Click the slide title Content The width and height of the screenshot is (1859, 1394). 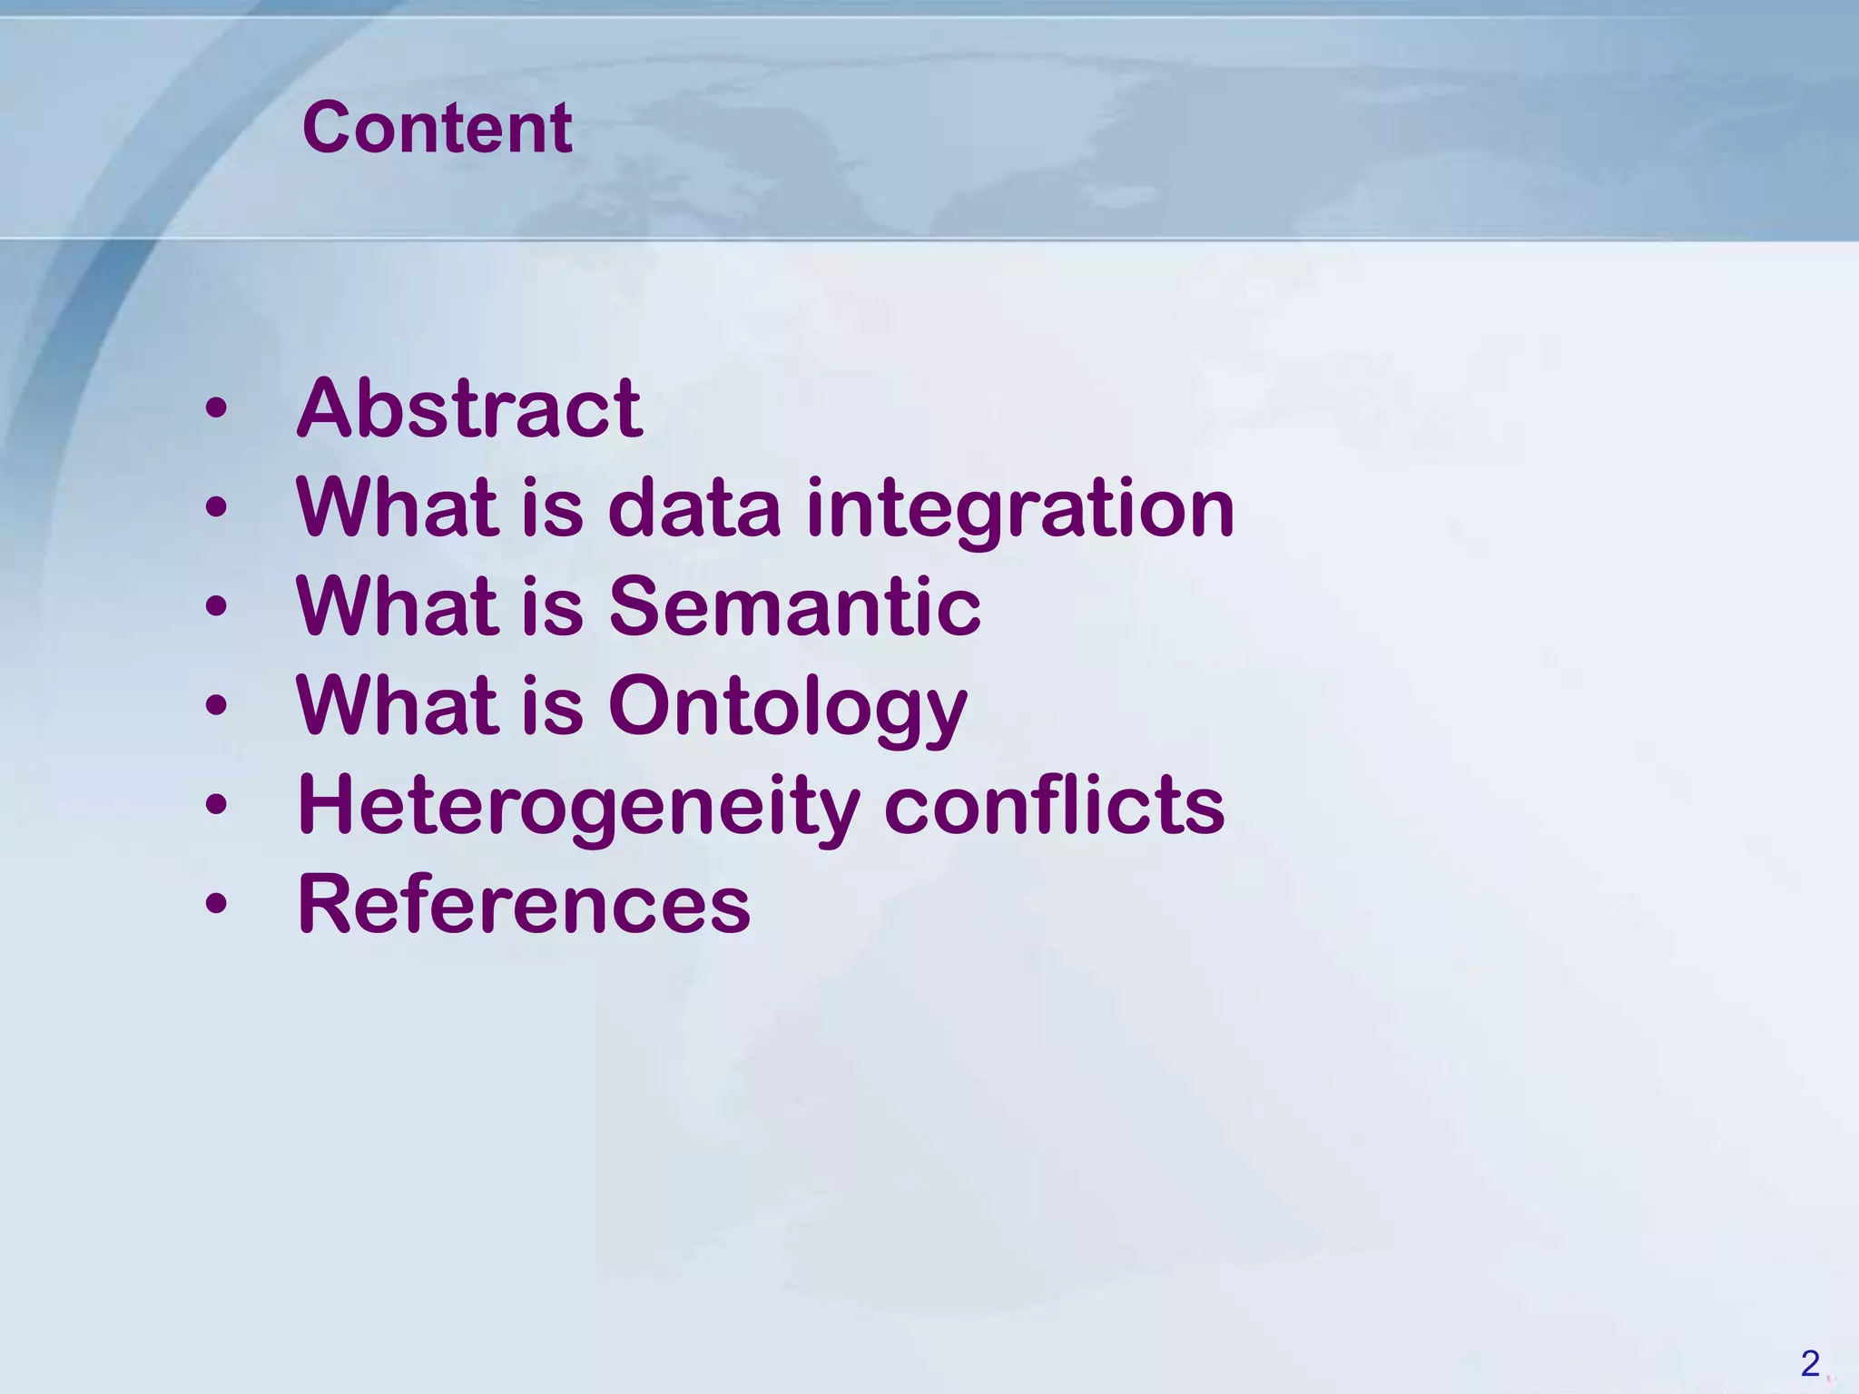pyautogui.click(x=437, y=128)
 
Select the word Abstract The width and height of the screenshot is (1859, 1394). pyautogui.click(x=469, y=408)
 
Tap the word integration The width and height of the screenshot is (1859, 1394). pyautogui.click(x=1020, y=508)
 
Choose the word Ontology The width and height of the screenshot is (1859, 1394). pyautogui.click(x=788, y=708)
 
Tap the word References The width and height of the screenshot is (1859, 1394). pyautogui.click(x=524, y=904)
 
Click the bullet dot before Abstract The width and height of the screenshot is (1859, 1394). pyautogui.click(x=216, y=409)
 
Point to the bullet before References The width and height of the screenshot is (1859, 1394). pyautogui.click(x=216, y=904)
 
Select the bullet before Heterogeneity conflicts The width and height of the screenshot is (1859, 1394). pyautogui.click(x=216, y=805)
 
